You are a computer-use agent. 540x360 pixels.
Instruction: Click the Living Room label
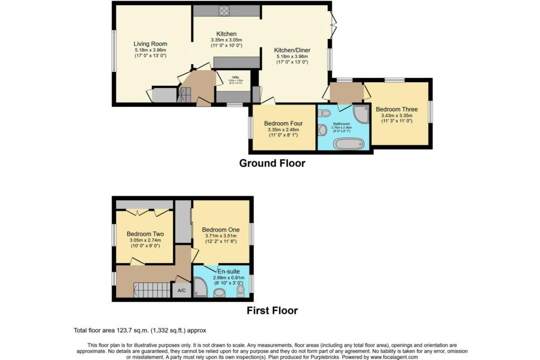[150, 44]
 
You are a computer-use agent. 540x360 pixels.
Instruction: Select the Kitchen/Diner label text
[292, 50]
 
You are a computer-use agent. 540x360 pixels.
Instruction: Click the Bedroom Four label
[283, 124]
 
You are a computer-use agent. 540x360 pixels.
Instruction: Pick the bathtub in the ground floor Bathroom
[349, 143]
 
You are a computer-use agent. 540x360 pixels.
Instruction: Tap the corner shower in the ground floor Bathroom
[361, 114]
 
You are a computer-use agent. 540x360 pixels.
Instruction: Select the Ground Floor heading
[272, 163]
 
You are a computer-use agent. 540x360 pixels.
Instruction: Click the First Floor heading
[272, 310]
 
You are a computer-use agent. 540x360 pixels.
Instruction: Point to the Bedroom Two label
[145, 234]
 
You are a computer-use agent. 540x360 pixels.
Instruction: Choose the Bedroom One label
[220, 230]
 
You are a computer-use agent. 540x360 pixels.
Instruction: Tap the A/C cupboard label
[181, 290]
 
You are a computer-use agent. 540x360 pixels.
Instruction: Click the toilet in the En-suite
[241, 291]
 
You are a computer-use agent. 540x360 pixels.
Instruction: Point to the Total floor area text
[140, 330]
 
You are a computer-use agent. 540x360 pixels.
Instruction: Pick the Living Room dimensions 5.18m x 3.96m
[150, 50]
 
